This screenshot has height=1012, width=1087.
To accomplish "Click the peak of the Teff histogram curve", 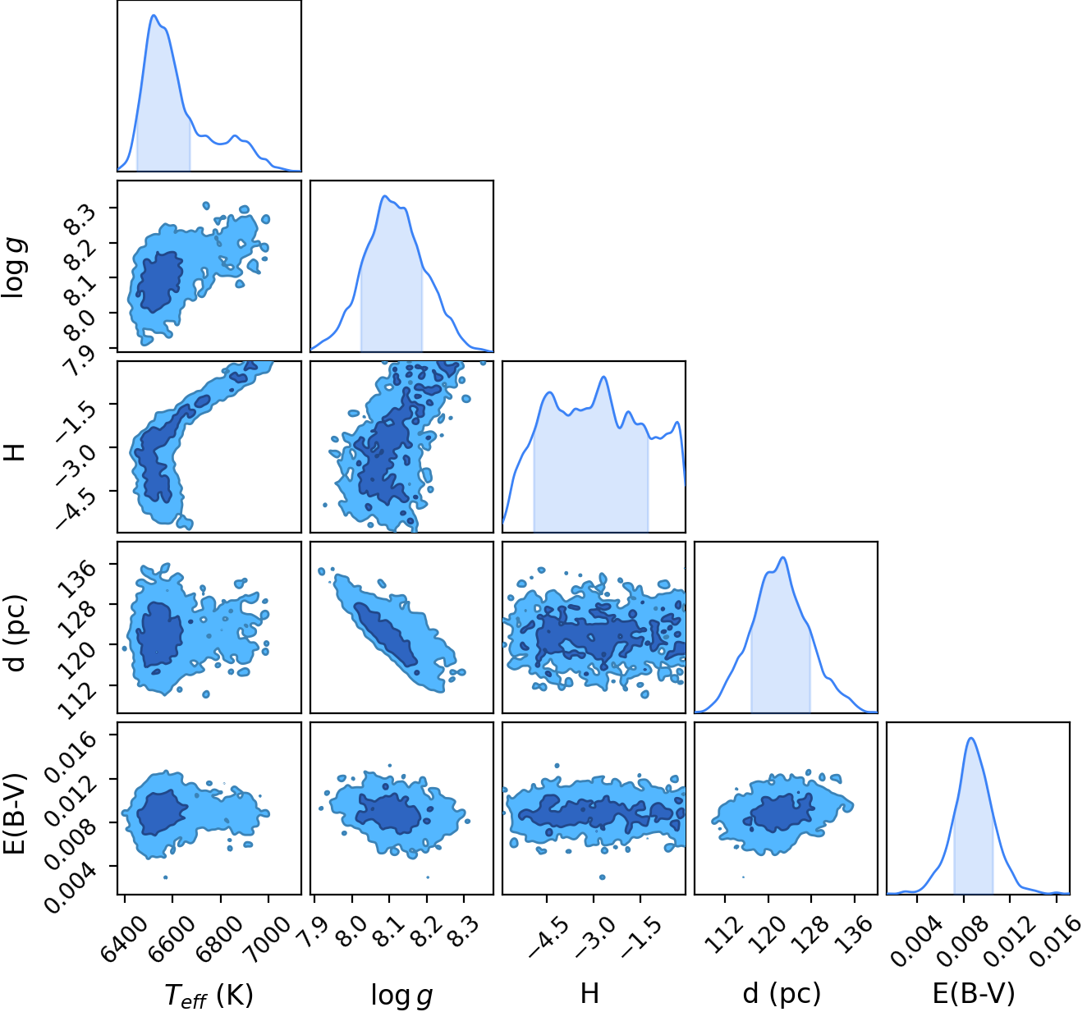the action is coord(154,15).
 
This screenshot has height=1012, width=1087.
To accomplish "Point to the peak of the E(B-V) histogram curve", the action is coord(971,739).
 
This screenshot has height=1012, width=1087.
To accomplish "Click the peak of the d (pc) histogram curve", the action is coord(783,557).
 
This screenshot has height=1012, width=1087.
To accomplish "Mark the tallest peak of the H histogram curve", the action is coord(603,377).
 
